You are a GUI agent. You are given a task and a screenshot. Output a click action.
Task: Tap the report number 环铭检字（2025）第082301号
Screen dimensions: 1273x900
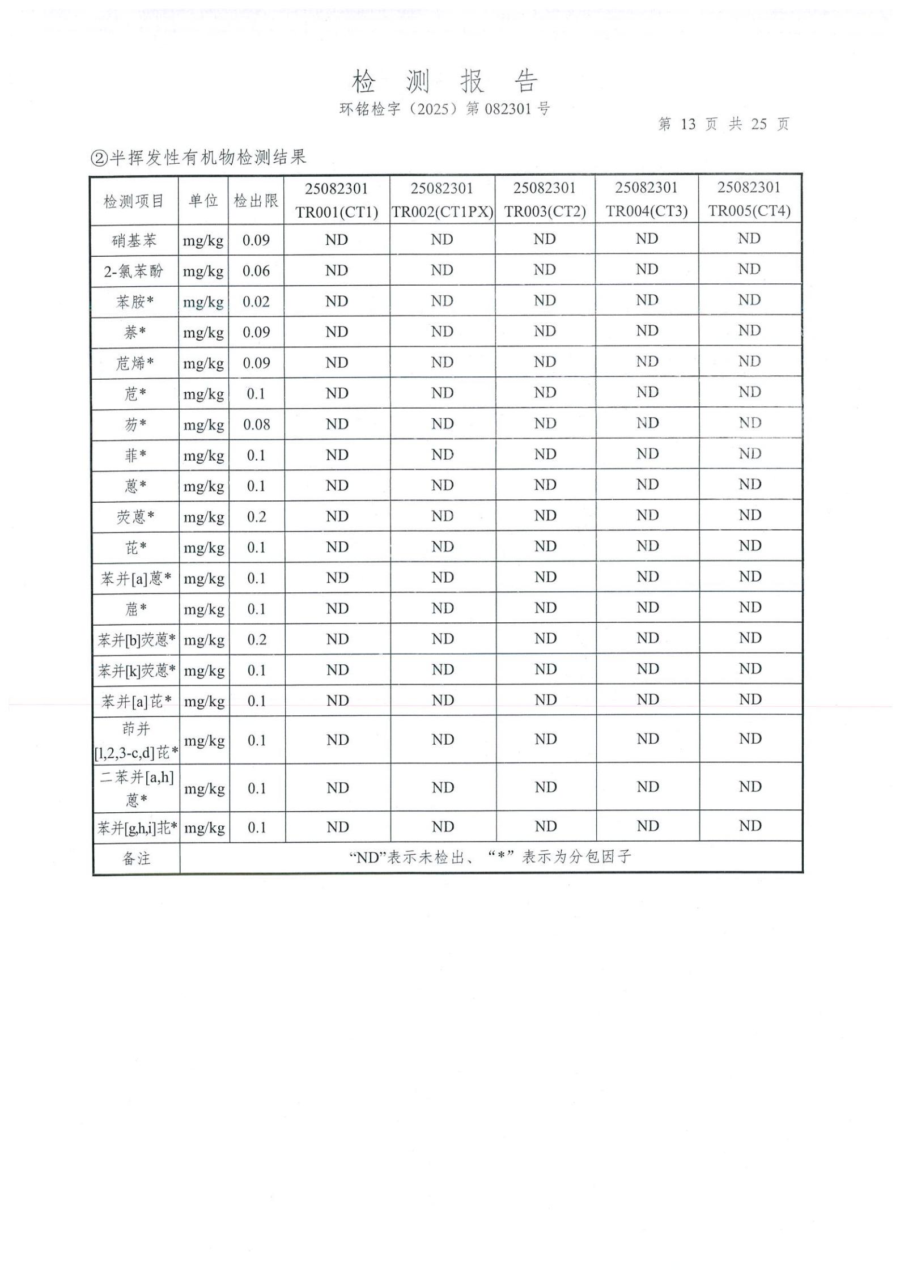[x=444, y=109]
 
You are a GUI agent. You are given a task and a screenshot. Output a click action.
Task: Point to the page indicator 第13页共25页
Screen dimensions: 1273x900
[x=723, y=124]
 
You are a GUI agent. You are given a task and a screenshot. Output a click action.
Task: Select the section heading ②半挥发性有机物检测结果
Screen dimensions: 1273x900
[x=199, y=157]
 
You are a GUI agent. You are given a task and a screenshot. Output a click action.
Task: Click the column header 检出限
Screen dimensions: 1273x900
[x=256, y=200]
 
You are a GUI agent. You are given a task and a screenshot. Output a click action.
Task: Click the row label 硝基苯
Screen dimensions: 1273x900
[x=134, y=240]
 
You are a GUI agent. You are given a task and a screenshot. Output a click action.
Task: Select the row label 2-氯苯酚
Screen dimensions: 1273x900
[x=134, y=271]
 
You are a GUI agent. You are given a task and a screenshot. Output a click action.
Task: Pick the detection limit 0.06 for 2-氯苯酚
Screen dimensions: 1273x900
[x=256, y=271]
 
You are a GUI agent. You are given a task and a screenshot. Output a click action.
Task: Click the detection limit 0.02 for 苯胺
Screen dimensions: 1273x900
[x=256, y=302]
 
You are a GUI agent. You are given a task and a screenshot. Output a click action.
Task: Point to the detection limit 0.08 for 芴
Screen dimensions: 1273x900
[x=256, y=425]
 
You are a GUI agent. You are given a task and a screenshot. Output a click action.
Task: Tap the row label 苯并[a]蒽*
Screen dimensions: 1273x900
[x=135, y=579]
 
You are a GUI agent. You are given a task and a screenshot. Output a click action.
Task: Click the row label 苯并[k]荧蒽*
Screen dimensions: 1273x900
[x=136, y=671]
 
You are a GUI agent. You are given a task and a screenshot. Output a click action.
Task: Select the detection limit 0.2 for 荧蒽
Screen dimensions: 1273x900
[x=256, y=517]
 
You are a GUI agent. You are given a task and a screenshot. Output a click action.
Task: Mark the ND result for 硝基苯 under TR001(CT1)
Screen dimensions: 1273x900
[x=337, y=240]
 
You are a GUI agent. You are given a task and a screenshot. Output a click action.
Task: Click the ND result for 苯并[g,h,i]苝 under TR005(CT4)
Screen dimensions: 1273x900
[x=750, y=826]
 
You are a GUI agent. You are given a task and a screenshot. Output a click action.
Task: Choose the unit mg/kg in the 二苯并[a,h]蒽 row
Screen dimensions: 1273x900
[x=204, y=788]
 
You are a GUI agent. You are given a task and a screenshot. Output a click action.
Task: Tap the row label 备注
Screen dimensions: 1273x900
[x=136, y=859]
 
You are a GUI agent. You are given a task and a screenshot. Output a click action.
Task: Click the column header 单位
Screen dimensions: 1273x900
[x=203, y=200]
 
